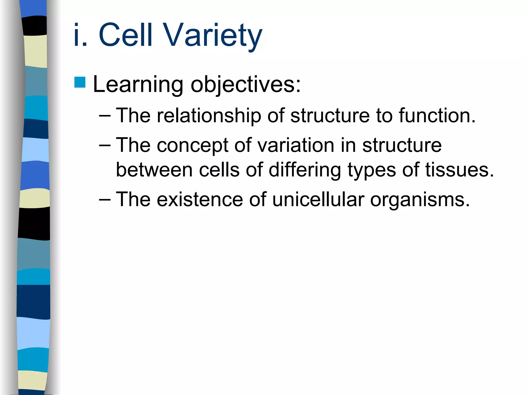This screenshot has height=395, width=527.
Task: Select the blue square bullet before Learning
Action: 80,83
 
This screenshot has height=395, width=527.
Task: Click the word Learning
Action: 138,85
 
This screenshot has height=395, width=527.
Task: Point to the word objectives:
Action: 245,85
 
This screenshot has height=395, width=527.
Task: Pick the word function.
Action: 437,115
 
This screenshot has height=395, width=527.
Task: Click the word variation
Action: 296,145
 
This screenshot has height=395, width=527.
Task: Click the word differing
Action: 305,170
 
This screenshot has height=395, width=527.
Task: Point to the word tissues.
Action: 460,170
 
